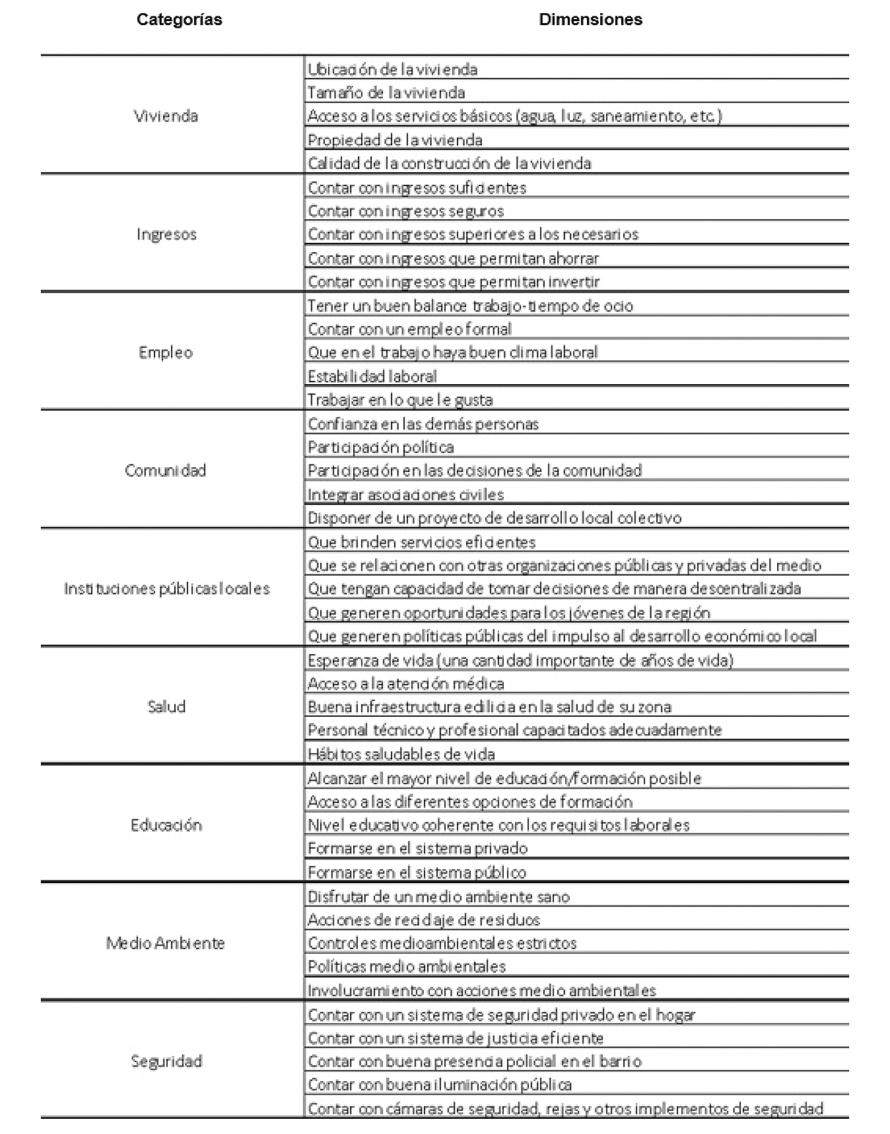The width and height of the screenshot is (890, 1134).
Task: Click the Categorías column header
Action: tap(179, 20)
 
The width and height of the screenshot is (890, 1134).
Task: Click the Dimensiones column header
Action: tap(590, 20)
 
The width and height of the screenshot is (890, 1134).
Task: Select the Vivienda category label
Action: tap(166, 116)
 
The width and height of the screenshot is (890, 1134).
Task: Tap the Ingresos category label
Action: tap(166, 234)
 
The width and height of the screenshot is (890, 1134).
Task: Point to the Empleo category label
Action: tap(166, 352)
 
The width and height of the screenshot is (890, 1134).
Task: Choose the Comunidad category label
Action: tap(166, 471)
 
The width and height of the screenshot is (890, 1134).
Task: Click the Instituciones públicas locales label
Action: tap(167, 589)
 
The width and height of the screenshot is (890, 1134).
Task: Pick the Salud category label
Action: tap(166, 707)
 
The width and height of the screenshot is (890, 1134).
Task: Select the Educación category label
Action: tap(166, 825)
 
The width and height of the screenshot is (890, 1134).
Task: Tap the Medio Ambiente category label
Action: tap(166, 943)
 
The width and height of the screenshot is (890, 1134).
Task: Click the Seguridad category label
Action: tap(166, 1061)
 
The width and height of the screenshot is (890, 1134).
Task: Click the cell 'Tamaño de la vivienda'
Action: tap(386, 93)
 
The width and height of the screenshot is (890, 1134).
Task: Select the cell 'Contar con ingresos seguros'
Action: tap(406, 211)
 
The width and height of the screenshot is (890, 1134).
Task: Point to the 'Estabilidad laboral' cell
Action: tap(372, 377)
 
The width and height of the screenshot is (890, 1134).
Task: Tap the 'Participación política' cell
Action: tap(381, 448)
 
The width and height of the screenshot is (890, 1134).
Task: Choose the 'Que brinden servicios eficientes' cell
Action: tap(422, 543)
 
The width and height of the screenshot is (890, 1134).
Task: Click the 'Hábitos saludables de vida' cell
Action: tap(401, 754)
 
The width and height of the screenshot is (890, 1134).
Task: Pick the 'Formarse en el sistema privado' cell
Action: tap(418, 849)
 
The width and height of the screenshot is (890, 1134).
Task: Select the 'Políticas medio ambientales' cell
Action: tap(407, 967)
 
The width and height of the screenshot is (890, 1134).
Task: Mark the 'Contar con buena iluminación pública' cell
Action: tap(440, 1085)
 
